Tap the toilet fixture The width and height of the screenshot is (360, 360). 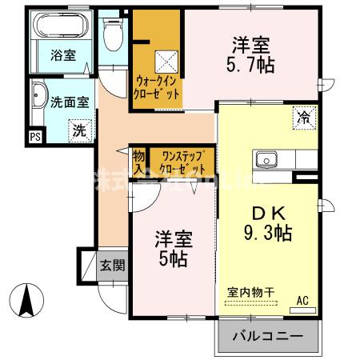coord(112,33)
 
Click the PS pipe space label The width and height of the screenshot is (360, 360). coord(34,137)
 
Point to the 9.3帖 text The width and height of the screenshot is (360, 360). coord(267,232)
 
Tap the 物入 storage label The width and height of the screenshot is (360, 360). coord(139,161)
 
